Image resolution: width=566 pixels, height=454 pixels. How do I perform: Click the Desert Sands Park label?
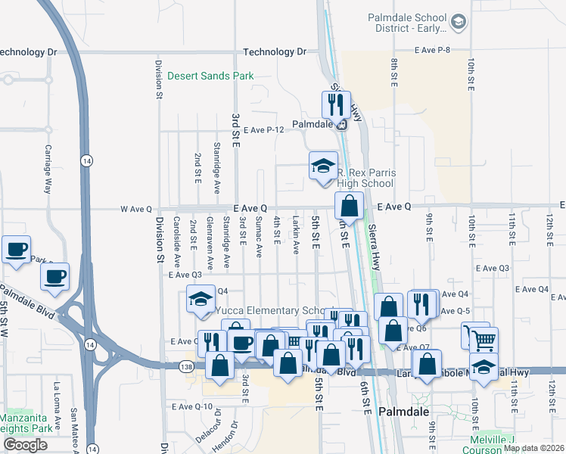pos(210,76)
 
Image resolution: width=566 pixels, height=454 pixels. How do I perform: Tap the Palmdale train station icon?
pos(341,125)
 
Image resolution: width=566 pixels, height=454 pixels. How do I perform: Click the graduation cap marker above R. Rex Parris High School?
pos(323,164)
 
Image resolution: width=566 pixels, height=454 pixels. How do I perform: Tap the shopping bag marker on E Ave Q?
pos(349,205)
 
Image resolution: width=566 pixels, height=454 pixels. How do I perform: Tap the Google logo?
pos(24,445)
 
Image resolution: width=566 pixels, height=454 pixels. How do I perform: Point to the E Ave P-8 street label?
pos(432,49)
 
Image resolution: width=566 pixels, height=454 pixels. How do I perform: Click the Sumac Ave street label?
pos(259,237)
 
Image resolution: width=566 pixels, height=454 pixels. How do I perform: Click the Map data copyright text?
pos(533,448)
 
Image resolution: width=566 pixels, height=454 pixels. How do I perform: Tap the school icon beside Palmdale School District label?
pos(458,23)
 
